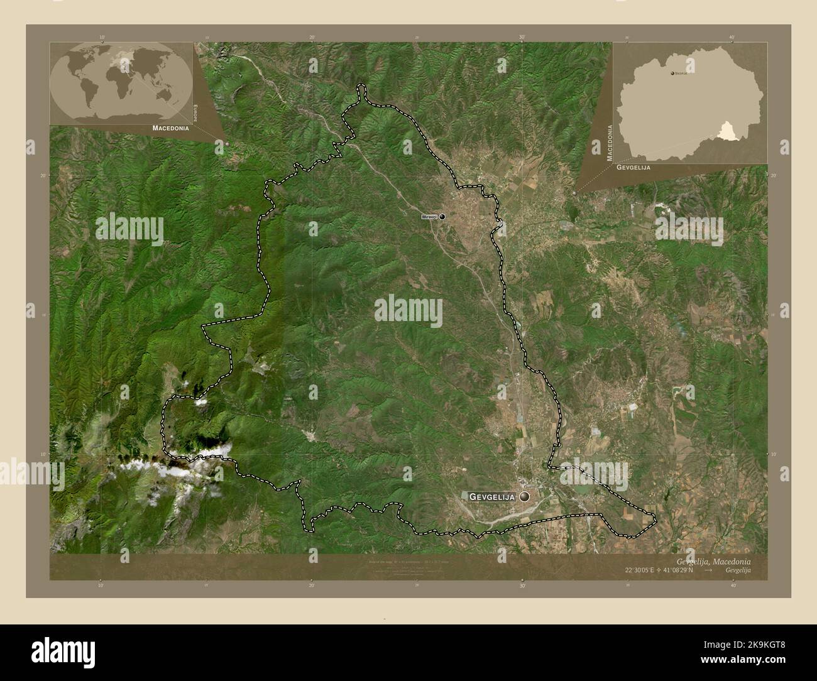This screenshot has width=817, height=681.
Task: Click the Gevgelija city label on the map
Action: coord(492,497)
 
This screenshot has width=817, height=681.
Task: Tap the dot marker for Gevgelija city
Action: coord(525,496)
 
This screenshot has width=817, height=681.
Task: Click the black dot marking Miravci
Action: coord(442,217)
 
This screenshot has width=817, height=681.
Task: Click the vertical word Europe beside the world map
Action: coord(195,113)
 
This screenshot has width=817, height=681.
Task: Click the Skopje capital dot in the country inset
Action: coord(672,74)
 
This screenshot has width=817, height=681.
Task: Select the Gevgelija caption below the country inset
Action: coord(633,168)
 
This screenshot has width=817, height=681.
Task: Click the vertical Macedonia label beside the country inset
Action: coord(609,144)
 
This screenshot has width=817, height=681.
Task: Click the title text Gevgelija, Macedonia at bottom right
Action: coord(713,560)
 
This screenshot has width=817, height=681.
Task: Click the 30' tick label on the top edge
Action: coord(522,37)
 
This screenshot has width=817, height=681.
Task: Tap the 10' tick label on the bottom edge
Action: coord(101,584)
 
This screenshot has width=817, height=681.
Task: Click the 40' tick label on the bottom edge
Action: coord(733,584)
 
